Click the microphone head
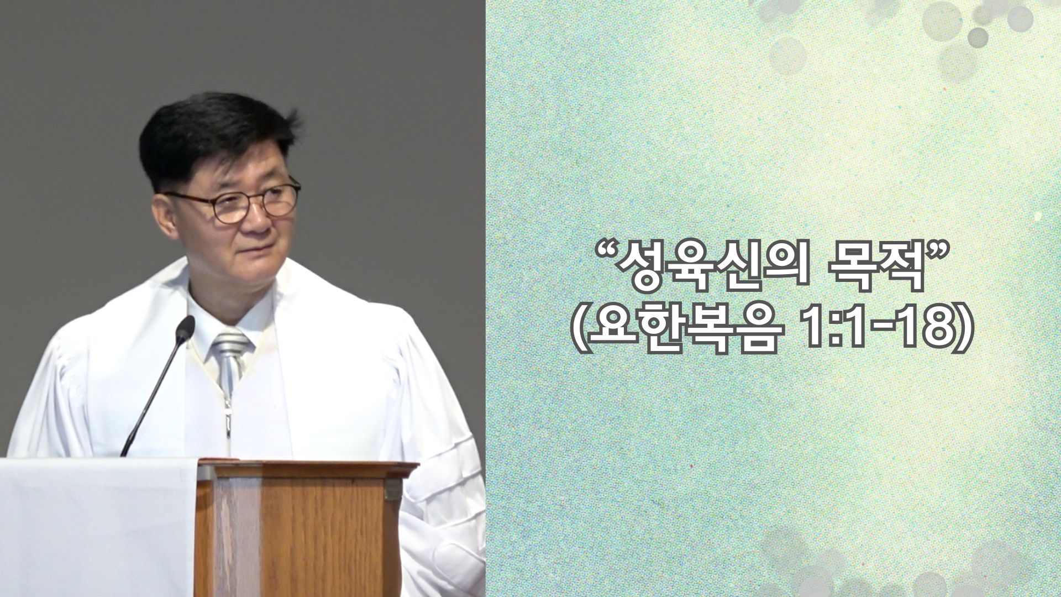[185, 327]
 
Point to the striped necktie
[230, 359]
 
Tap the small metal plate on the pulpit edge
[393, 490]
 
